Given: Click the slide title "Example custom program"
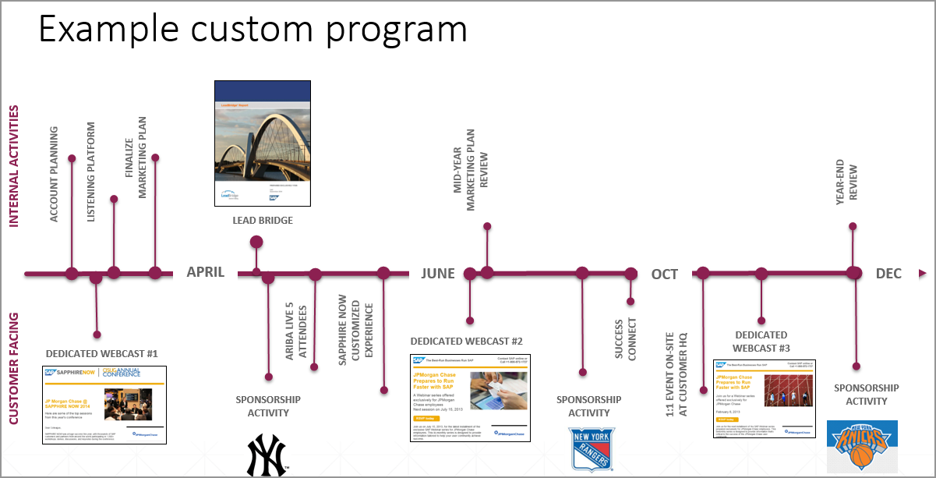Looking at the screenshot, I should coord(253,30).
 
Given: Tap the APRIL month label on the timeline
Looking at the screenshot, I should coord(206,272).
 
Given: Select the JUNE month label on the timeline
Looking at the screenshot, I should coord(438,274).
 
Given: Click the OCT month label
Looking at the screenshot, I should coord(665,274).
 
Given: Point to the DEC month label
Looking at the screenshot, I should coord(888,274).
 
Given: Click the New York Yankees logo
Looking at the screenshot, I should coord(267,455).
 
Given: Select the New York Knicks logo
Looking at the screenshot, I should coord(862,446).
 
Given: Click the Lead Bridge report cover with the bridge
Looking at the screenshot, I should coord(263,143).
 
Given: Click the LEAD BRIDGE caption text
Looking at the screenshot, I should coord(263,221).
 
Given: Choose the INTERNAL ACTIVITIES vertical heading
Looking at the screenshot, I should coord(14,168).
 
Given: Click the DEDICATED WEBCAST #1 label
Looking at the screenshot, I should coord(102,353).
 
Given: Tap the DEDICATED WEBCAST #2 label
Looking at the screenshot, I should coord(466,342).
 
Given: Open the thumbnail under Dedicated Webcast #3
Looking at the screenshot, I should coord(764,398).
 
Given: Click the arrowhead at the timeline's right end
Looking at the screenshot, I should coord(923,274).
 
